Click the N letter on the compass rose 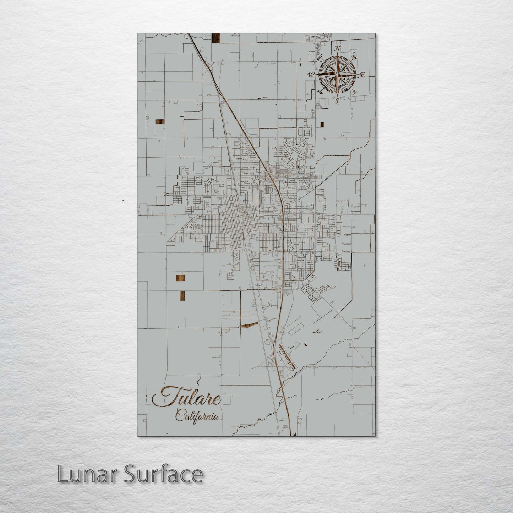(338, 48)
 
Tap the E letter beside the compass (362, 75)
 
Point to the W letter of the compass (311, 75)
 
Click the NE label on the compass (354, 56)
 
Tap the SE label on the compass (354, 92)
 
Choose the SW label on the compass (320, 92)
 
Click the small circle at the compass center (337, 75)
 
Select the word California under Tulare (197, 416)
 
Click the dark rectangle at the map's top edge (216, 38)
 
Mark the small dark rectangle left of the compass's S (322, 124)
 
